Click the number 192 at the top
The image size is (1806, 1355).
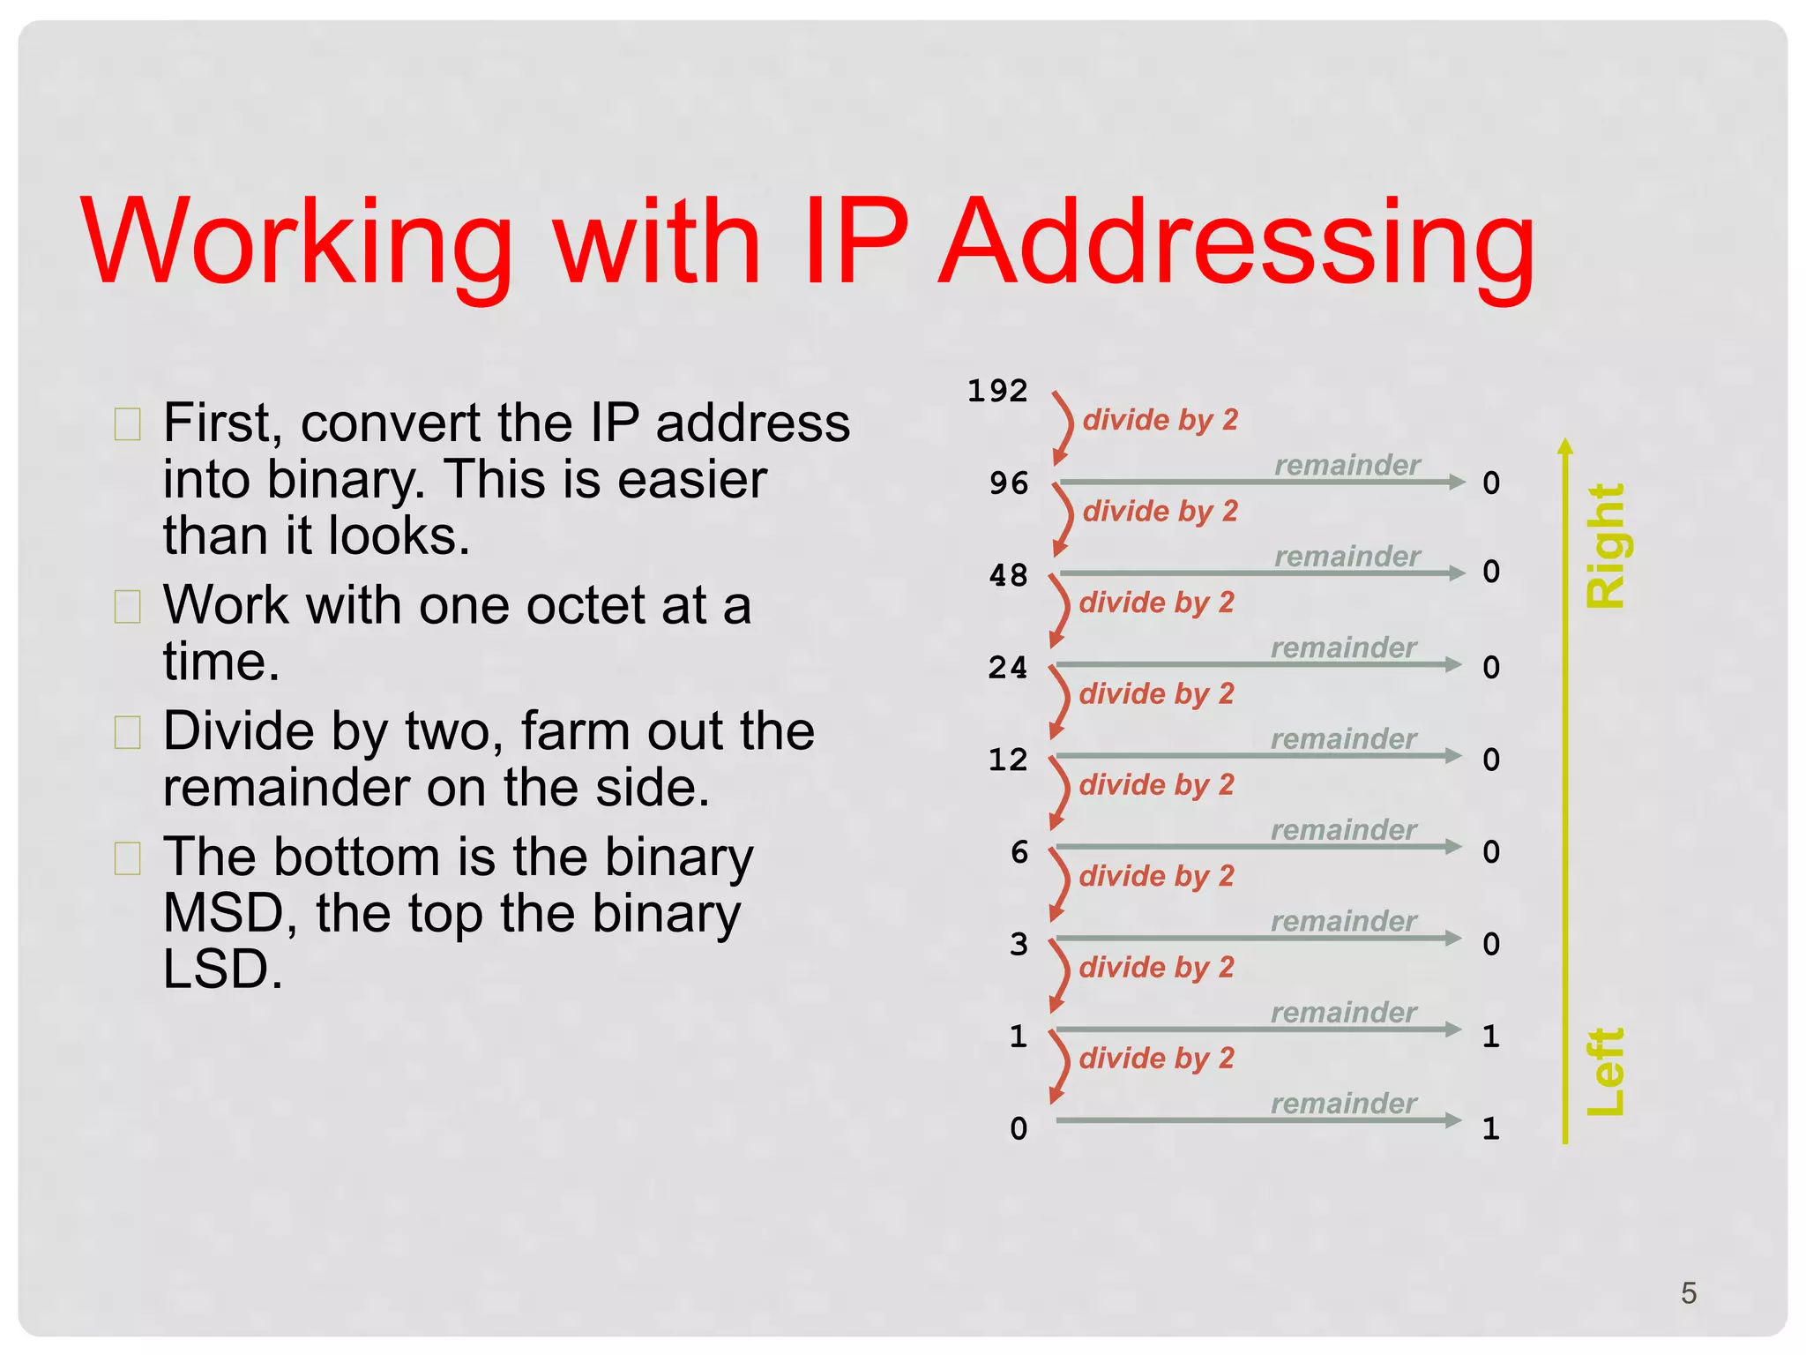coord(997,391)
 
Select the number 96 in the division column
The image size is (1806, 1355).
coord(1009,483)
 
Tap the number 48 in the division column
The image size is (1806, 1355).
coord(1009,575)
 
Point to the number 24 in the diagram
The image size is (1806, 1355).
coord(1008,668)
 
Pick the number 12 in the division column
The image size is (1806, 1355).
coord(1008,760)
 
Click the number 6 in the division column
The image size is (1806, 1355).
coord(1019,852)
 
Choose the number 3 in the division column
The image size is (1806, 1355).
coord(1019,944)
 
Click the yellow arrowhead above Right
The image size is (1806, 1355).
coord(1565,445)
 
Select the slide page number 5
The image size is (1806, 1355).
coord(1689,1293)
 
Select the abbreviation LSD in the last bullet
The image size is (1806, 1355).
coord(223,969)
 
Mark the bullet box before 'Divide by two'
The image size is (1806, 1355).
coord(128,732)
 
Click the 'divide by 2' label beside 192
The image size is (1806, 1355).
coord(1160,420)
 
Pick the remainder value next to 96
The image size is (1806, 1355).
coord(1491,483)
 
